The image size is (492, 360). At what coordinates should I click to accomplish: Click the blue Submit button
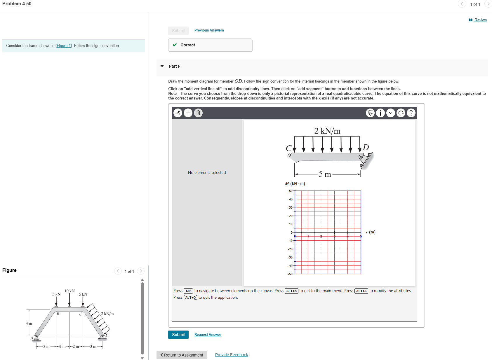(x=178, y=335)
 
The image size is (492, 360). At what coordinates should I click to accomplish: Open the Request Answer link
(x=208, y=335)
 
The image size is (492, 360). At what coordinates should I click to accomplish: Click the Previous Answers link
(x=209, y=30)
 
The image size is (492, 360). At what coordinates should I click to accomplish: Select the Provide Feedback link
(x=232, y=355)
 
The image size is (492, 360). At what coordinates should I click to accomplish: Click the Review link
(x=480, y=20)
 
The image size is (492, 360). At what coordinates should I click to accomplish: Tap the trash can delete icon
(x=198, y=113)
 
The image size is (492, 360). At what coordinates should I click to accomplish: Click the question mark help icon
(x=411, y=113)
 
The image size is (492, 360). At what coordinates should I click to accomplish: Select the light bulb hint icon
(x=370, y=113)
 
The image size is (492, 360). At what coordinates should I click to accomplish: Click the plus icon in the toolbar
(x=188, y=113)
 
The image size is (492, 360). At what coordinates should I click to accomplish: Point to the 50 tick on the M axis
(x=291, y=191)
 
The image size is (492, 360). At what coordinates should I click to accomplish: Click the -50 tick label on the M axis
(x=290, y=274)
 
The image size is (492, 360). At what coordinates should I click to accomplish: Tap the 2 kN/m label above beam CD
(x=327, y=131)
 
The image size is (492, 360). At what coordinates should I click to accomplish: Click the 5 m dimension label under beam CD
(x=325, y=174)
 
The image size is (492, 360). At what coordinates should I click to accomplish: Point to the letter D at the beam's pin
(x=366, y=147)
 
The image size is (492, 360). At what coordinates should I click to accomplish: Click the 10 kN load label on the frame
(x=69, y=291)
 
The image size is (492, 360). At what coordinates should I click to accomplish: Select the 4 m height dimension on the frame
(x=29, y=323)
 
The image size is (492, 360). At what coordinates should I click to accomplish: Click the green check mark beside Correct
(x=175, y=45)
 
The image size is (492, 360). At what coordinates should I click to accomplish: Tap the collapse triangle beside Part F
(x=162, y=66)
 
